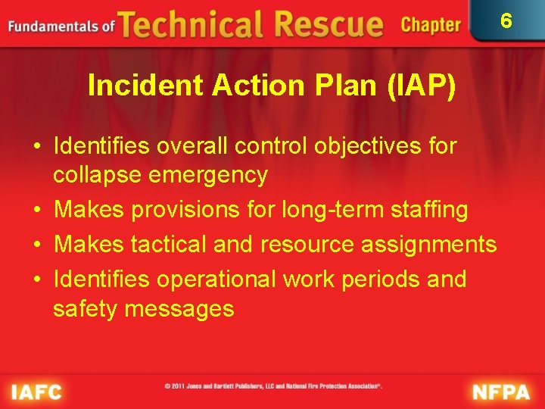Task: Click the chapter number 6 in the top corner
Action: [506, 20]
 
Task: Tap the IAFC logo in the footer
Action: [36, 392]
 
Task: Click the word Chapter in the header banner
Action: [431, 25]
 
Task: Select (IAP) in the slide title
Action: [422, 86]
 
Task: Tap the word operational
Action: [216, 279]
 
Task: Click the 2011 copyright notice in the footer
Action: [273, 386]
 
